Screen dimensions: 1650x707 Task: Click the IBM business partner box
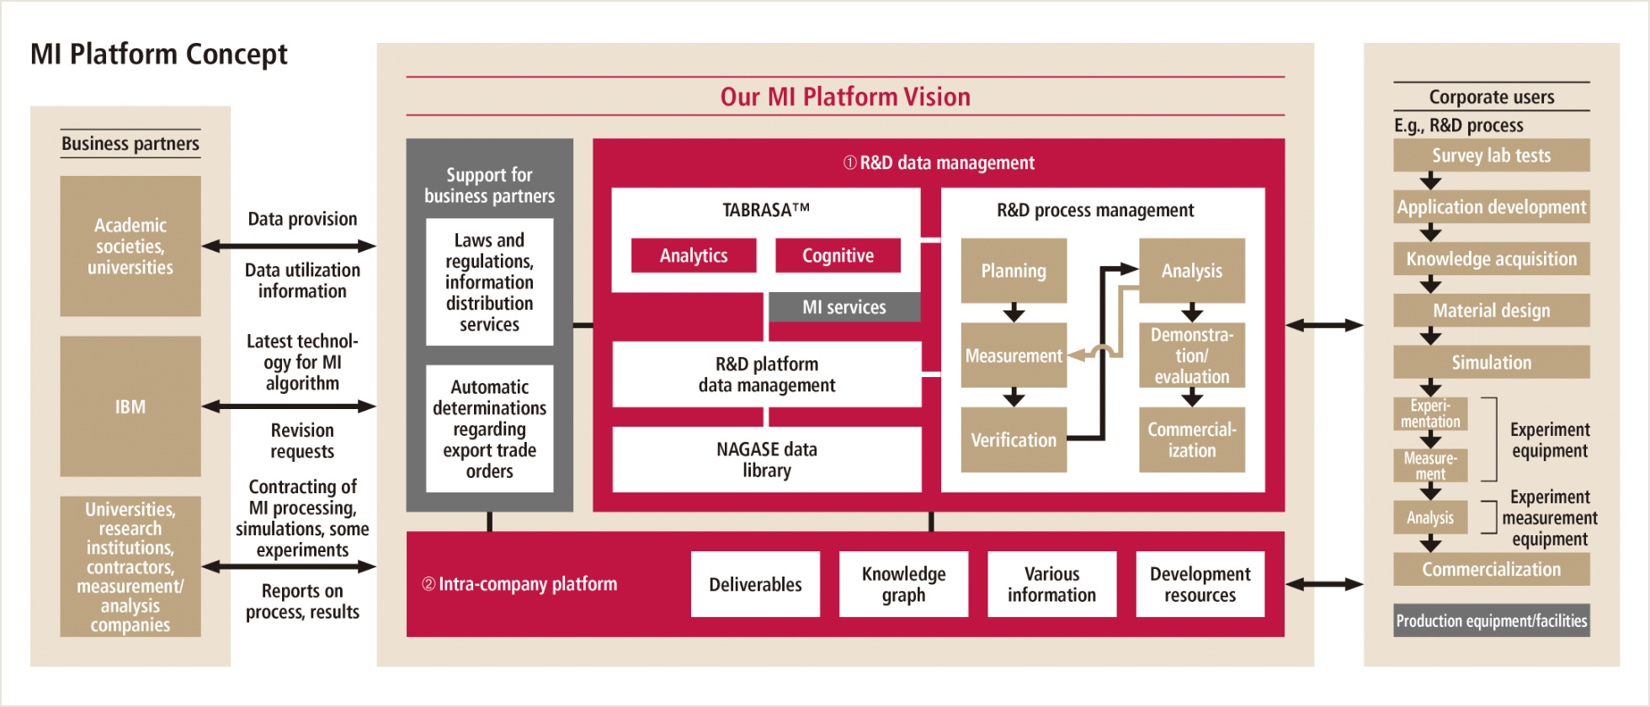click(x=130, y=407)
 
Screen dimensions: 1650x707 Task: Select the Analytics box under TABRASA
click(x=694, y=256)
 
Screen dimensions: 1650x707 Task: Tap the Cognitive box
click(x=838, y=256)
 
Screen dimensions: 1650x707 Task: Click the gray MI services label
click(x=844, y=307)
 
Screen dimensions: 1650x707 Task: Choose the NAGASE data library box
click(x=767, y=460)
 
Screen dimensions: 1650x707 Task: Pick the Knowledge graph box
click(x=903, y=584)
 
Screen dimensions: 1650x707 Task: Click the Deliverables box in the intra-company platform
click(x=755, y=584)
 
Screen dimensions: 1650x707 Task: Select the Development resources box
click(x=1200, y=584)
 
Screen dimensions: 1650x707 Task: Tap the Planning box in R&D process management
click(x=1014, y=271)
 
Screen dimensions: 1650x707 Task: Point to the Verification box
click(x=1014, y=440)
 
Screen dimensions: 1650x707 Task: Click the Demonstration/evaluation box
click(x=1192, y=355)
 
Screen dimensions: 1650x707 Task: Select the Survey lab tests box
click(x=1492, y=156)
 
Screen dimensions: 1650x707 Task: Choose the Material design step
click(x=1492, y=311)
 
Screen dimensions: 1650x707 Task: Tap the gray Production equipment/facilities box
click(x=1492, y=620)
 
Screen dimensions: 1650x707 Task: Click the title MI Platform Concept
click(x=159, y=55)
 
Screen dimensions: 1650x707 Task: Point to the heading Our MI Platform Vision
click(x=845, y=97)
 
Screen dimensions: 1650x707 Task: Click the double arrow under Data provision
click(x=289, y=246)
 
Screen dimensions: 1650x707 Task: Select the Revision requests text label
click(x=302, y=441)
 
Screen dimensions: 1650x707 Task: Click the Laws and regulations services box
click(x=490, y=282)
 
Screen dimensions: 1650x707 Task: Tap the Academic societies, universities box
click(x=130, y=246)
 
